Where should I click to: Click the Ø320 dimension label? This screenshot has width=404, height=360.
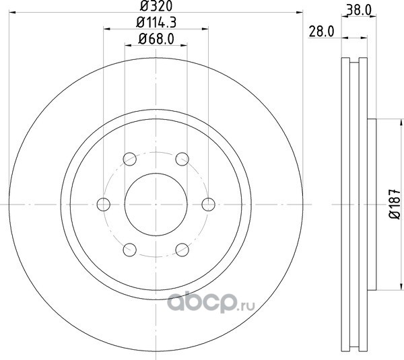tap(156, 6)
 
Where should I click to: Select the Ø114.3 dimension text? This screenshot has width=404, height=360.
tap(156, 23)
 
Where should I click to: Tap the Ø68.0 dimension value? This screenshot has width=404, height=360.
tap(156, 39)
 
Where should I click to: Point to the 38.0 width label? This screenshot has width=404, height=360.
tap(359, 10)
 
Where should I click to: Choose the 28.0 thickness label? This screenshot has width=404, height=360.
tap(321, 32)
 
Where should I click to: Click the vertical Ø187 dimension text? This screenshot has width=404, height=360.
tap(395, 204)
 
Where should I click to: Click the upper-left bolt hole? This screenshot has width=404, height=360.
tap(129, 159)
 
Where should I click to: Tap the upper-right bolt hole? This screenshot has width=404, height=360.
tap(182, 159)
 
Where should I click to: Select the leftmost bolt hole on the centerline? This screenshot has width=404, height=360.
tap(104, 205)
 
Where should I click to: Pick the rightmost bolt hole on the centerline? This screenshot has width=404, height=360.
tap(208, 205)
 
